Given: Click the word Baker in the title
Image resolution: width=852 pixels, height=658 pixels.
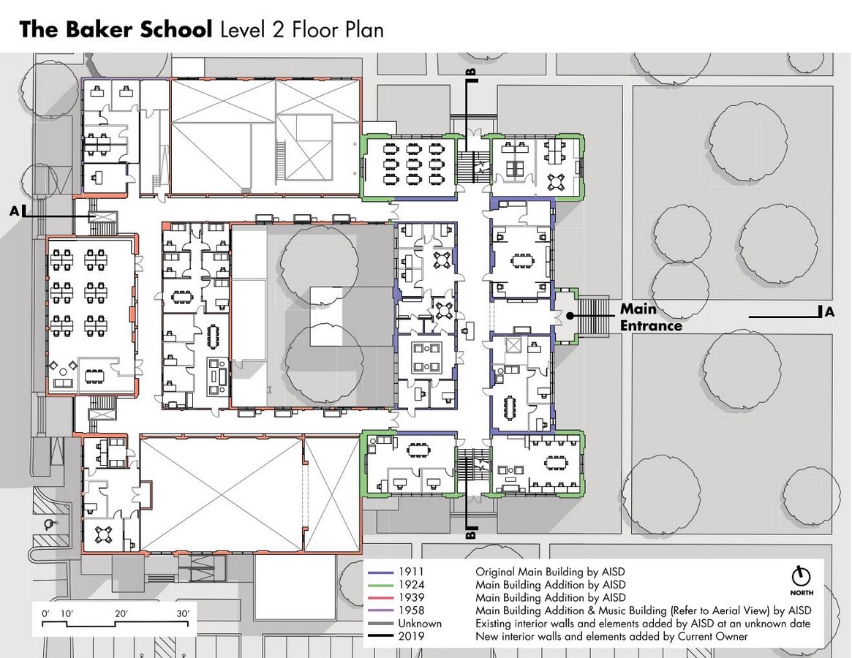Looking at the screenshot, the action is point(99,29).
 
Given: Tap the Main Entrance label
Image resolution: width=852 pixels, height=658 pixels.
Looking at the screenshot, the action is point(651,317).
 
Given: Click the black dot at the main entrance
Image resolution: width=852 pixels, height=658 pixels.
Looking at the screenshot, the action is point(570,315).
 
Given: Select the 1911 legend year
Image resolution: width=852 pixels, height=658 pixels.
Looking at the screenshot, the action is point(411,572).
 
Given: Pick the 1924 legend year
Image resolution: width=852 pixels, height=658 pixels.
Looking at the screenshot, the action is point(411,585).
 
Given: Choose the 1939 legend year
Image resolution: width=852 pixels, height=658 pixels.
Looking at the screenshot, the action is point(411,598).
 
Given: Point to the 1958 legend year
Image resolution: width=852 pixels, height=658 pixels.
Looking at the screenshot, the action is point(411,610).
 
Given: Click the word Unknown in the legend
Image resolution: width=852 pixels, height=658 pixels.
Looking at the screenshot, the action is point(420,624).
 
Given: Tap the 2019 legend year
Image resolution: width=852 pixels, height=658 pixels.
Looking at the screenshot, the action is point(411,637).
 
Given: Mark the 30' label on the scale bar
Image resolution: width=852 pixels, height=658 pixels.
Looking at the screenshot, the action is point(183,614).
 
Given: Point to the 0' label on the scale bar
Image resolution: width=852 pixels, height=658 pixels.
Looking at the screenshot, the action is point(45,614).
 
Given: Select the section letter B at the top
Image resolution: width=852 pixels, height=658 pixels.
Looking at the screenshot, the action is point(471,72).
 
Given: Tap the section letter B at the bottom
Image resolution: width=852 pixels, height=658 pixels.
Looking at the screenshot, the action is point(471,534).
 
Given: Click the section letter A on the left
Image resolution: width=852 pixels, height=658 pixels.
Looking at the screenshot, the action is point(15,211).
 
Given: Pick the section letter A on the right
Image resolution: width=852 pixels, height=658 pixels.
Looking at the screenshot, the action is point(829,312).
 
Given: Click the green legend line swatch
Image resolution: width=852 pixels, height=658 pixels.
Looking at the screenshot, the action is point(380,585).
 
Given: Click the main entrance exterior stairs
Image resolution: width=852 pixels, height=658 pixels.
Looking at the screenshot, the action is point(593,315).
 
